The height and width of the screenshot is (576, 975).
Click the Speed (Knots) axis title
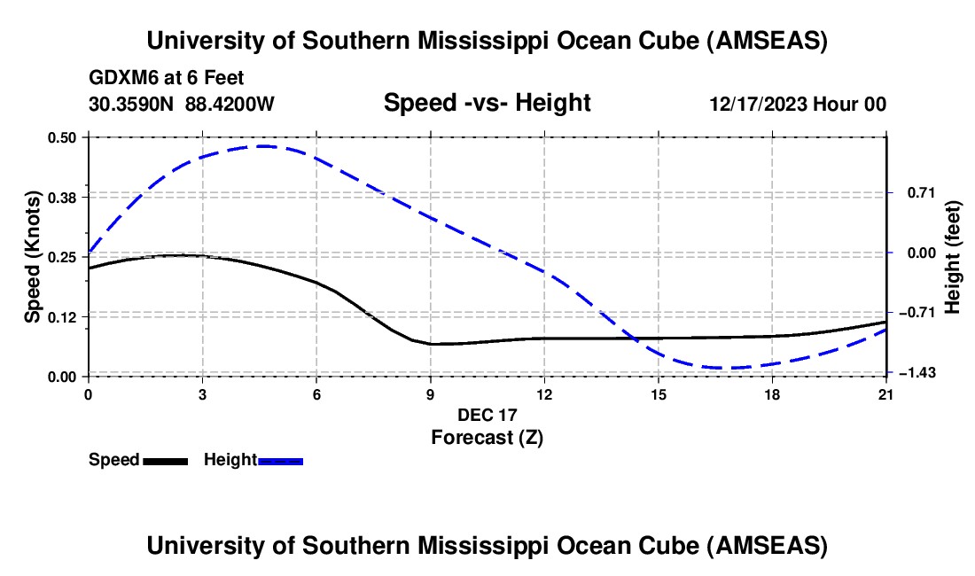click(x=33, y=256)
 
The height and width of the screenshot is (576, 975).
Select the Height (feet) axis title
click(x=953, y=256)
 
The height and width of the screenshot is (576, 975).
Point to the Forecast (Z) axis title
click(x=487, y=437)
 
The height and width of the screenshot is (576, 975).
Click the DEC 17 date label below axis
click(x=487, y=415)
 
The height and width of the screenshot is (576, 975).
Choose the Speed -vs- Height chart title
click(x=487, y=104)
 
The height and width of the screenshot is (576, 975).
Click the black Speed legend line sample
click(x=165, y=461)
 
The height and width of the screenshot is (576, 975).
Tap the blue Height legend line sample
click(x=281, y=461)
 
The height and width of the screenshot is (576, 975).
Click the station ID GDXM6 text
click(x=120, y=79)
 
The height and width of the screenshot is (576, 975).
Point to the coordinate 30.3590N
click(x=133, y=105)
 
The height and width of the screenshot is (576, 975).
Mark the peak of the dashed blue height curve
click(x=264, y=146)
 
